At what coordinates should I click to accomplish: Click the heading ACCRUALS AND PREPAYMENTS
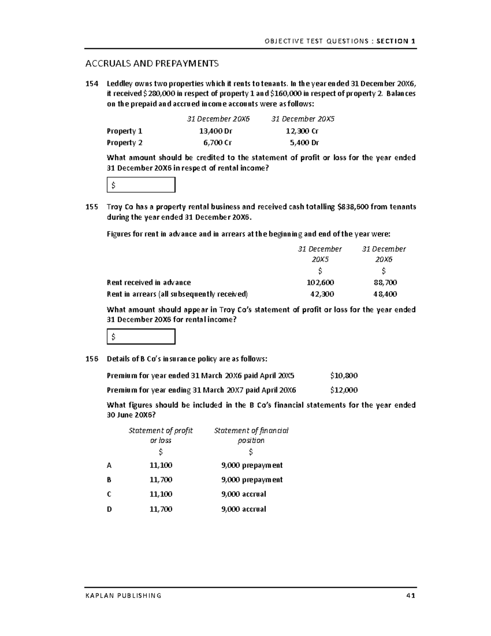(x=152, y=63)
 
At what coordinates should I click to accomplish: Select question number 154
(x=92, y=84)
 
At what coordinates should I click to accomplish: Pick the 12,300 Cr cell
(x=302, y=131)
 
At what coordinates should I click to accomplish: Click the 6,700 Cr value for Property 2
(x=217, y=143)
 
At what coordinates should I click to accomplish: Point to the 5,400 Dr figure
(x=304, y=143)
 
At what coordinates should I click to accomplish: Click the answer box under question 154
(x=141, y=185)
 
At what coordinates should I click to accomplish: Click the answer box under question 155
(x=141, y=337)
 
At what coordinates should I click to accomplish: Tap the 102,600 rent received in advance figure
(x=320, y=282)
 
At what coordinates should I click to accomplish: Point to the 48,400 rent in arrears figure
(x=385, y=294)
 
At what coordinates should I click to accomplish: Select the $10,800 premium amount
(x=344, y=376)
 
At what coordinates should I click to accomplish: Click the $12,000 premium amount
(x=344, y=390)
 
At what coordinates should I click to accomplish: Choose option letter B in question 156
(x=109, y=480)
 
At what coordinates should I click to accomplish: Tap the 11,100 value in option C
(x=161, y=494)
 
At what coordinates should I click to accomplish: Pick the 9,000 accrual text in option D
(x=243, y=509)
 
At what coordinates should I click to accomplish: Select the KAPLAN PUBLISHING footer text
(x=123, y=595)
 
